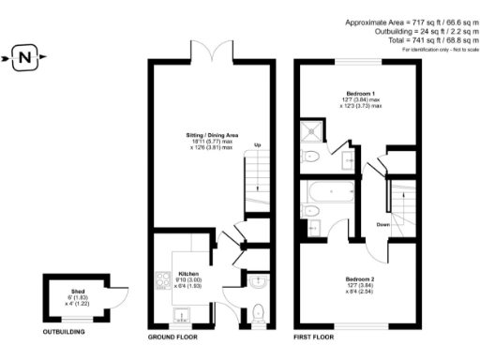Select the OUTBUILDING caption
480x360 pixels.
point(66,332)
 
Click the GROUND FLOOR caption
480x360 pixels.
point(175,335)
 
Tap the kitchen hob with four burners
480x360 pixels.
point(161,279)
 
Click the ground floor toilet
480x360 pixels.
point(259,312)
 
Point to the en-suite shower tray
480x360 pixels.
point(308,134)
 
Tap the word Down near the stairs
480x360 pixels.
point(383,225)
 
